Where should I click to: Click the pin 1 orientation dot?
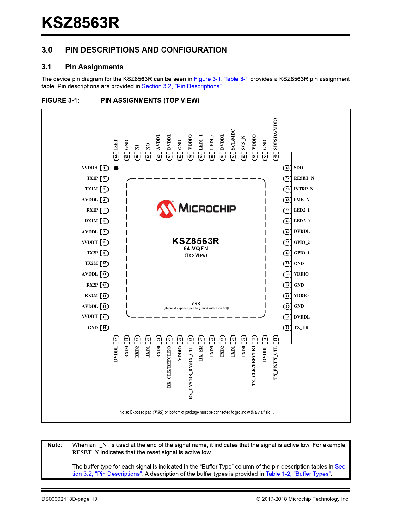[x=116, y=168]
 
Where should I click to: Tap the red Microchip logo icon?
[x=166, y=209]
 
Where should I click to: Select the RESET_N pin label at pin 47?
[x=304, y=178]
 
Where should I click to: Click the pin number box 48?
[x=287, y=168]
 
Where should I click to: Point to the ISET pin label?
[x=116, y=145]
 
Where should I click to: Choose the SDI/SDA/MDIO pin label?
[x=275, y=134]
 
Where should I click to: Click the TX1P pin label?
[x=92, y=178]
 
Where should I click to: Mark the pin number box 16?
[x=104, y=328]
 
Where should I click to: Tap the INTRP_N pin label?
[x=303, y=189]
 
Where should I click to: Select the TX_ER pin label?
[x=301, y=327]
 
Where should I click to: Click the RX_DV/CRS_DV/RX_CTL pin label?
[x=191, y=372]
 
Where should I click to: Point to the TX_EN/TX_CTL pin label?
[x=275, y=363]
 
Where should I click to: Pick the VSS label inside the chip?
[x=196, y=303]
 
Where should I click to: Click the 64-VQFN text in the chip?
[x=196, y=249]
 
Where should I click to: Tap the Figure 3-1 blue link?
[x=207, y=79]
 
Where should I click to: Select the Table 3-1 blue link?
[x=236, y=79]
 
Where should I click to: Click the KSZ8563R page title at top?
[x=81, y=23]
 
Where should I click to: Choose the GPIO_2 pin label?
[x=302, y=242]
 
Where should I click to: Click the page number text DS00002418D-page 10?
[x=69, y=499]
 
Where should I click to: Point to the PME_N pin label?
[x=302, y=200]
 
